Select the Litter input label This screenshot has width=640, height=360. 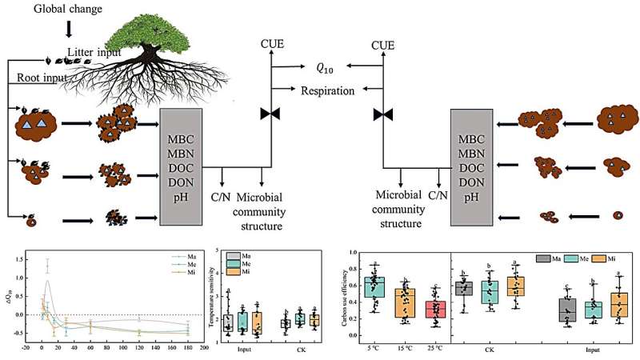[95, 53]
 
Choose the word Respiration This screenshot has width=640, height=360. [327, 91]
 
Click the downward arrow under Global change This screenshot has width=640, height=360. [69, 28]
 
